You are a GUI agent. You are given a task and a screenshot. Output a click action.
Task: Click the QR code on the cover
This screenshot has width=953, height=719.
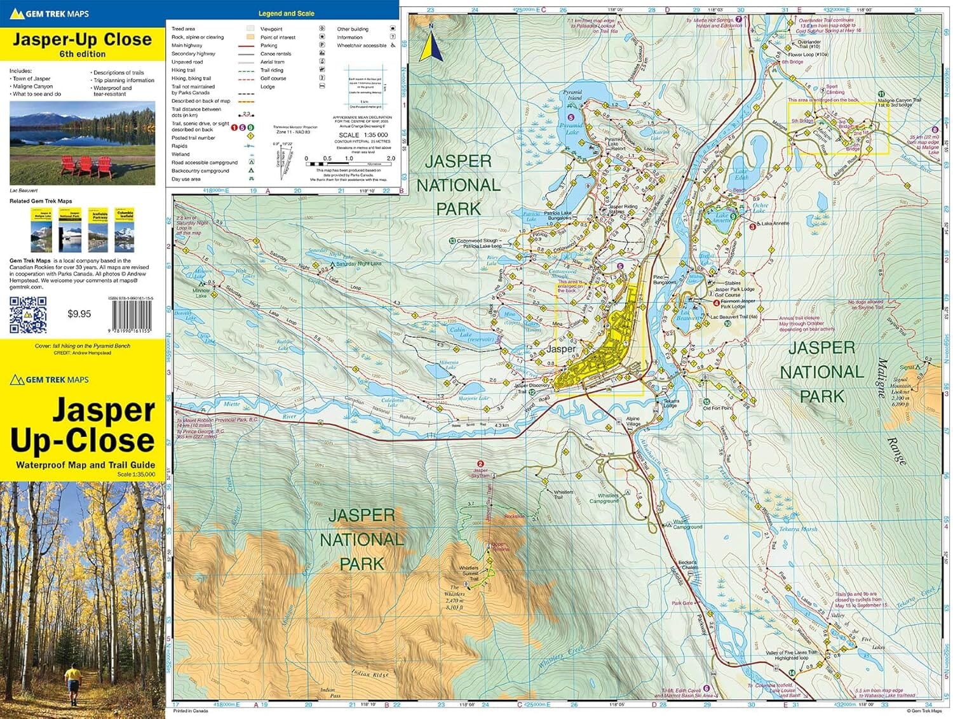[28, 314]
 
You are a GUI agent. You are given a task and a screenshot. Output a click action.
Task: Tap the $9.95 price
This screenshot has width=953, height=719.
[79, 314]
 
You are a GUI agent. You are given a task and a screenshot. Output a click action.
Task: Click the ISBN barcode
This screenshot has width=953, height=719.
[132, 316]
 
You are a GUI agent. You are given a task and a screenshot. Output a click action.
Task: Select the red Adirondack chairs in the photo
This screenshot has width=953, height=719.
[86, 166]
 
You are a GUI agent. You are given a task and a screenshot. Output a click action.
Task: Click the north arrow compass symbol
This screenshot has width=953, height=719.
[431, 44]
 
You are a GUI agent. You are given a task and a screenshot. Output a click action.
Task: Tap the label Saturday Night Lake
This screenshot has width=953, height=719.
[359, 264]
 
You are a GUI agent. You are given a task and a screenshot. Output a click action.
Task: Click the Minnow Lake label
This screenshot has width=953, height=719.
[201, 293]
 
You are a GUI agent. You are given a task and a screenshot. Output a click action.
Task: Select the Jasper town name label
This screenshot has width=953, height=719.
[561, 349]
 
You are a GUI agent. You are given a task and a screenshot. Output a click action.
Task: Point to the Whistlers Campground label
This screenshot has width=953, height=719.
[604, 498]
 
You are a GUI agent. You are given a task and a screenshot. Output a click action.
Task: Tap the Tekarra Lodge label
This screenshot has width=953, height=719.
[671, 403]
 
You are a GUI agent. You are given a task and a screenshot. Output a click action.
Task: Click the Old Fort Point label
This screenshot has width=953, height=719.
[717, 408]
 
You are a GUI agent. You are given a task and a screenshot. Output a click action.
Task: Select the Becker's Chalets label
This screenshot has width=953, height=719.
[687, 565]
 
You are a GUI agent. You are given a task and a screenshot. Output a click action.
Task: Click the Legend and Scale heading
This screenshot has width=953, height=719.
[286, 13]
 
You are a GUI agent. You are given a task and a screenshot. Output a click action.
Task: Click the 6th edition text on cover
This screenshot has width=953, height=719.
[83, 55]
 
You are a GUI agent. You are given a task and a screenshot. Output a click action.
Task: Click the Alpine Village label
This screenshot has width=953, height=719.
[633, 421]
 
